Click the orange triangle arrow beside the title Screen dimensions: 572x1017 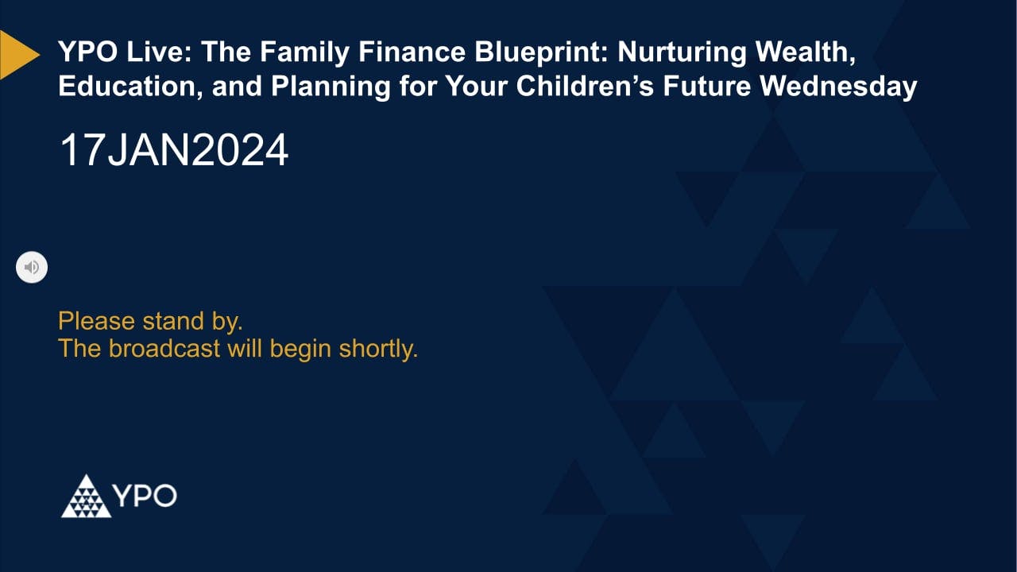[x=17, y=55]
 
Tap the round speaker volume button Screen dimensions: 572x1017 [x=32, y=267]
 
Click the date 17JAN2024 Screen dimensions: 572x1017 [x=174, y=150]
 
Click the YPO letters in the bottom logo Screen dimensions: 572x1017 [x=144, y=497]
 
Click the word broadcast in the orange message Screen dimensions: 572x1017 [x=164, y=349]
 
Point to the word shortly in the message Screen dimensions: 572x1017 [x=378, y=349]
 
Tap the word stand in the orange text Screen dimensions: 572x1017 [x=169, y=322]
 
